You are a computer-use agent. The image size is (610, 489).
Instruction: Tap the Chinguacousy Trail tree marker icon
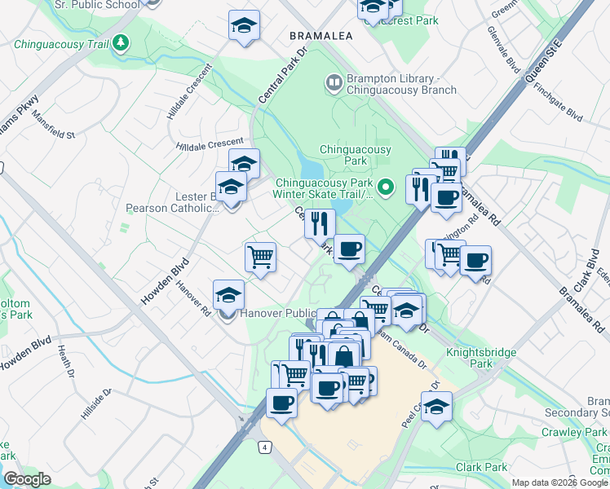(122, 42)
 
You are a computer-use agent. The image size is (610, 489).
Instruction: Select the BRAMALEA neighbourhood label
(319, 37)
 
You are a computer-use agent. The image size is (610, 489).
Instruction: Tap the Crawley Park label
(585, 432)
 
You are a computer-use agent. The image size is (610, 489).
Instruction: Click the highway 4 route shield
(264, 447)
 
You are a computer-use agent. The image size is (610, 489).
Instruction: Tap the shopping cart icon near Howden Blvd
(260, 258)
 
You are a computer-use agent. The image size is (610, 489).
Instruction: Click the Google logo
(27, 479)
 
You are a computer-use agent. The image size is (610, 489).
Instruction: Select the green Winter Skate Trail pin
(388, 187)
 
